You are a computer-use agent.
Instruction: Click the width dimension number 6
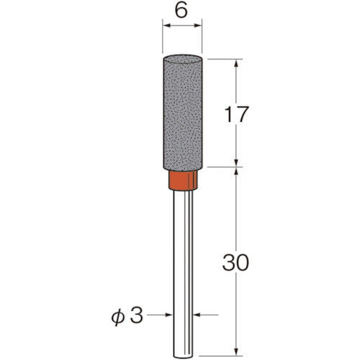point(181,12)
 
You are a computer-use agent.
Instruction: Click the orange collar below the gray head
point(182,181)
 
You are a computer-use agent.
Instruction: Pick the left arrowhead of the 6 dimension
point(167,27)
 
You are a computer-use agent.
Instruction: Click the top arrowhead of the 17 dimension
point(235,60)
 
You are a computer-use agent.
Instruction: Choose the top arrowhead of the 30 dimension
point(235,174)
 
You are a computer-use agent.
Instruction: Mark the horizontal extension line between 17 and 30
point(223,168)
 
